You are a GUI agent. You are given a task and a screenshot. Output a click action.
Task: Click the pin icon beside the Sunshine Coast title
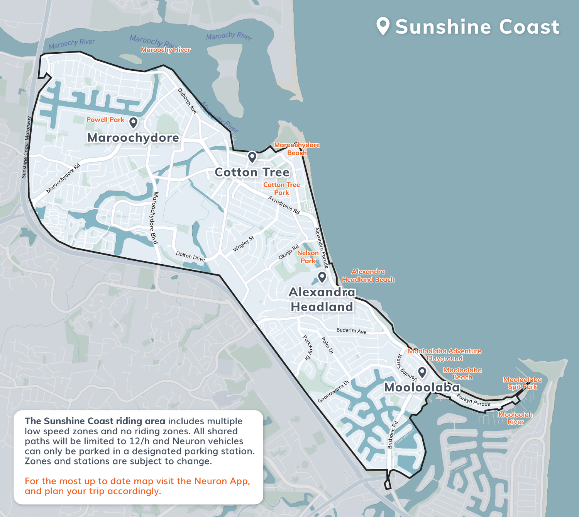[x=383, y=26]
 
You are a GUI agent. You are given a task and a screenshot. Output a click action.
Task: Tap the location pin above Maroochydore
[x=133, y=122]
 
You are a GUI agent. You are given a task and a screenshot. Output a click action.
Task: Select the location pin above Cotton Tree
[x=252, y=157]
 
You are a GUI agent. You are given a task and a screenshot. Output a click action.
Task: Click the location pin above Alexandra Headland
[x=322, y=277]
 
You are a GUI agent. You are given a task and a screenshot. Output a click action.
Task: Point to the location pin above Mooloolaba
[x=422, y=372]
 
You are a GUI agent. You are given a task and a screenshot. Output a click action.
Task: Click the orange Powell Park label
[x=105, y=120]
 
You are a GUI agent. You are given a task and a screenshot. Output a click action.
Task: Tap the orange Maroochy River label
[x=166, y=50]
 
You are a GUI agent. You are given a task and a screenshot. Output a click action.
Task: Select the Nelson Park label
[x=308, y=257]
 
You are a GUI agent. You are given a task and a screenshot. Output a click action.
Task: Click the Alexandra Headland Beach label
[x=368, y=276]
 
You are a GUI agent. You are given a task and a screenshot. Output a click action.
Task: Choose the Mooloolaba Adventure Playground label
[x=445, y=355]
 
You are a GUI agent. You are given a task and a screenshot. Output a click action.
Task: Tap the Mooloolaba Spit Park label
[x=522, y=383]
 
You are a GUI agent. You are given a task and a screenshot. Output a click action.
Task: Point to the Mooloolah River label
[x=515, y=418]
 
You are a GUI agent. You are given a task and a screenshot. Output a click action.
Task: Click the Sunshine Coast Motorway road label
[x=26, y=147]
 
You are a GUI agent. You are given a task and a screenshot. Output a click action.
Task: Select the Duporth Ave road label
[x=187, y=101]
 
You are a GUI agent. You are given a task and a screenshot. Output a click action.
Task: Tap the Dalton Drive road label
[x=190, y=256]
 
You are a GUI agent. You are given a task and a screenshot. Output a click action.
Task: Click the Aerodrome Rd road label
[x=284, y=205]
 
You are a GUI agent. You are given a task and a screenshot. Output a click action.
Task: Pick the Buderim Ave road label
[x=351, y=331]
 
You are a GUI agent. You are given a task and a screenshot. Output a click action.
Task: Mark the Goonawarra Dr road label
[x=334, y=391]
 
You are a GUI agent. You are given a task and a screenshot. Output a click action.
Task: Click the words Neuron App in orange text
[x=222, y=481]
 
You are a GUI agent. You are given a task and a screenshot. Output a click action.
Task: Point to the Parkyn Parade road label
[x=473, y=400]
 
